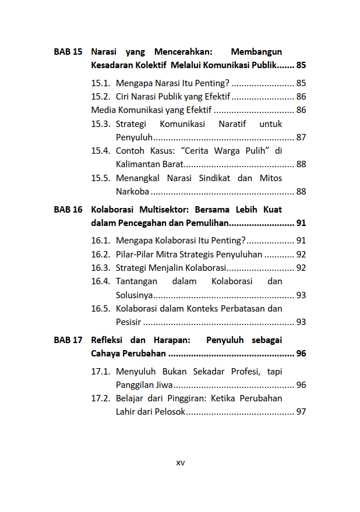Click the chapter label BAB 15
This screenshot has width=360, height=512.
click(68, 52)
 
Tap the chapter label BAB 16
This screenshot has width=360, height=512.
click(68, 209)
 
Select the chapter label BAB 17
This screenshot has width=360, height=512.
click(68, 340)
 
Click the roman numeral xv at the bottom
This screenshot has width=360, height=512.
click(181, 462)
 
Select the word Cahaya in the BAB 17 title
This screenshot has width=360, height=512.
click(107, 354)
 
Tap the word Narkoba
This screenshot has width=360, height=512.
click(132, 192)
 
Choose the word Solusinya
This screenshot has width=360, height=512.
click(135, 295)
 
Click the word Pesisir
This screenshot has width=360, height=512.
click(129, 322)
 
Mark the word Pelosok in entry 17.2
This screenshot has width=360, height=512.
click(170, 412)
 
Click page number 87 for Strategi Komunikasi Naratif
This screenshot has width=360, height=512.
click(301, 137)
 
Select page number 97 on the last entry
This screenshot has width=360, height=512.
click(301, 412)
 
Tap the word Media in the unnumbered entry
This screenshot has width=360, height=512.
click(103, 110)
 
